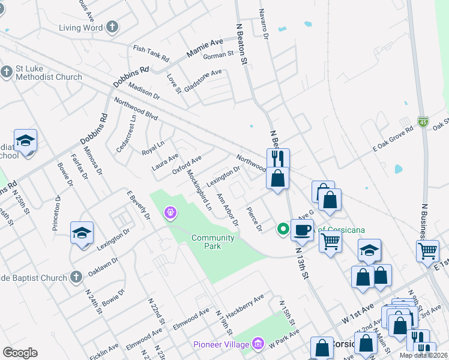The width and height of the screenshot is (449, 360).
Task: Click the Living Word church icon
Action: (x=112, y=27)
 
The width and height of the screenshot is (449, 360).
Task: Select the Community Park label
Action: (x=213, y=242)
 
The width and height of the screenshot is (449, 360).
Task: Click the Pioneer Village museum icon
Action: (x=258, y=343)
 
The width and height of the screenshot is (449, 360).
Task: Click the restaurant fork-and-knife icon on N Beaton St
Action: (x=278, y=159)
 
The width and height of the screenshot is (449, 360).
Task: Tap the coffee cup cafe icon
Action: (x=301, y=229)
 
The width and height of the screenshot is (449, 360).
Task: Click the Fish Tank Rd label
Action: (x=151, y=53)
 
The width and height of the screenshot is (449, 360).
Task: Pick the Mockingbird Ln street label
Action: (x=199, y=190)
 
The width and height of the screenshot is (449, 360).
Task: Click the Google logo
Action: (x=20, y=353)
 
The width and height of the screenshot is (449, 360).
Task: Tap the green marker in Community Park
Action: (x=170, y=213)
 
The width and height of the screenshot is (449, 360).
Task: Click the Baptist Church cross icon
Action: (x=75, y=277)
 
